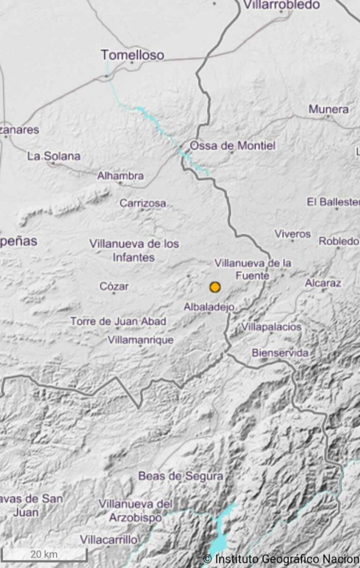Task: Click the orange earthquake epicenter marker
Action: pyautogui.click(x=215, y=287)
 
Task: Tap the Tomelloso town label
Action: pyautogui.click(x=133, y=55)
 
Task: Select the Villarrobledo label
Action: pyautogui.click(x=281, y=5)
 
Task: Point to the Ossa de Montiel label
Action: pyautogui.click(x=232, y=146)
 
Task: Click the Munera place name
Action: pyautogui.click(x=329, y=109)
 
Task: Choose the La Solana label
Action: pyautogui.click(x=53, y=156)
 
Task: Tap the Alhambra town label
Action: pyautogui.click(x=120, y=176)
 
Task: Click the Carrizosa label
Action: pyautogui.click(x=142, y=203)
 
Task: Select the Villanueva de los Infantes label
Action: pyautogui.click(x=134, y=250)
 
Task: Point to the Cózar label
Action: pyautogui.click(x=114, y=286)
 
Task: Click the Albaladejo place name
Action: pyautogui.click(x=209, y=307)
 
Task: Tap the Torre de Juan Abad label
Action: pyautogui.click(x=118, y=321)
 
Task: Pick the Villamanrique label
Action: pyautogui.click(x=141, y=340)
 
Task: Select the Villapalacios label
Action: pyautogui.click(x=271, y=327)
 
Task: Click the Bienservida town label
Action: pyautogui.click(x=280, y=353)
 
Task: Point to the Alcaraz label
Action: pyautogui.click(x=323, y=283)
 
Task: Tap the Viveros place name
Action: pyautogui.click(x=292, y=233)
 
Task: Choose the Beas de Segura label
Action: pyautogui.click(x=180, y=476)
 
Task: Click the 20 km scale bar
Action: pyautogui.click(x=44, y=555)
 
